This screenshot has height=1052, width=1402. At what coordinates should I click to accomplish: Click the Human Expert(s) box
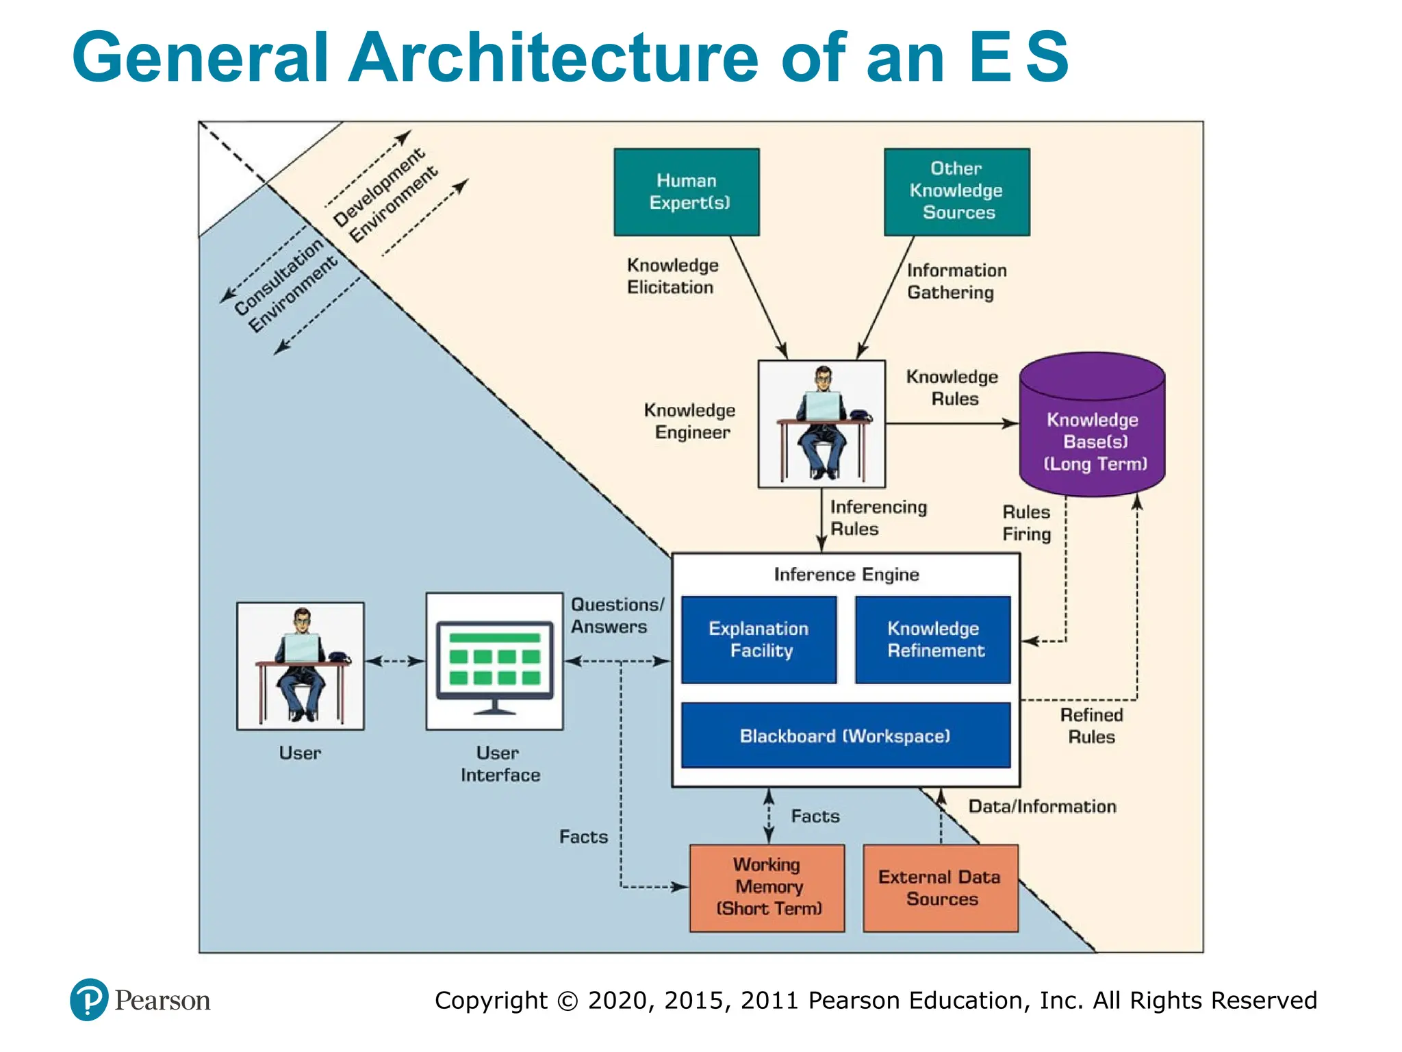pyautogui.click(x=686, y=192)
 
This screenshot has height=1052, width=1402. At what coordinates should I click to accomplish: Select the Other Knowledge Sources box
pyautogui.click(x=956, y=192)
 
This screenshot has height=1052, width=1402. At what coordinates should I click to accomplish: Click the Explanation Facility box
pyautogui.click(x=759, y=639)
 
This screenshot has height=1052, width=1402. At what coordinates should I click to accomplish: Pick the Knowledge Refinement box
pyautogui.click(x=932, y=639)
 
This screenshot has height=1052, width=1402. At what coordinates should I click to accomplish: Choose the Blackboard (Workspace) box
pyautogui.click(x=845, y=735)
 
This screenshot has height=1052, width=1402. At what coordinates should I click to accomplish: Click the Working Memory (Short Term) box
pyautogui.click(x=767, y=887)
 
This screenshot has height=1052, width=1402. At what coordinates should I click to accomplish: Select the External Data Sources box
pyautogui.click(x=941, y=888)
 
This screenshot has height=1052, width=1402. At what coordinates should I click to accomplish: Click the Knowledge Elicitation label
pyautogui.click(x=672, y=276)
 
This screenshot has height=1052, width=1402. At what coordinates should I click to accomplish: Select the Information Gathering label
pyautogui.click(x=956, y=281)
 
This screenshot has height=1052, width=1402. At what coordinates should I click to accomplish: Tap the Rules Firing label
pyautogui.click(x=1025, y=523)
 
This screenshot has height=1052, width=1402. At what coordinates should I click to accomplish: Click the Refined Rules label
pyautogui.click(x=1091, y=726)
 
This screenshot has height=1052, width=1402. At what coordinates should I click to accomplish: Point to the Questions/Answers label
pyautogui.click(x=616, y=615)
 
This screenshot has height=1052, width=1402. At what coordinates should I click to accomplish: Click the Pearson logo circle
pyautogui.click(x=89, y=999)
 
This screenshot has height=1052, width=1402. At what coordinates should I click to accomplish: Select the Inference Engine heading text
pyautogui.click(x=846, y=574)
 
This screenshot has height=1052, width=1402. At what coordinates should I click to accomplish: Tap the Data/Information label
pyautogui.click(x=1041, y=806)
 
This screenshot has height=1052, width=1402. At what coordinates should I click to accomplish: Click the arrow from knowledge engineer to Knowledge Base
pyautogui.click(x=952, y=423)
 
